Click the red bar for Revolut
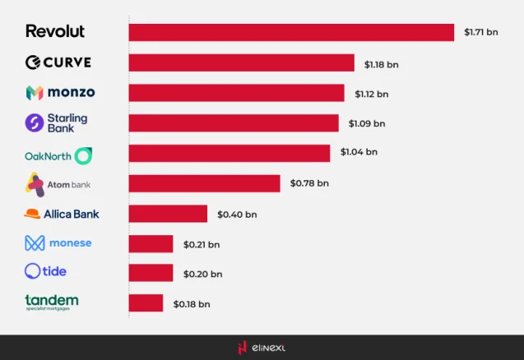click(x=291, y=32)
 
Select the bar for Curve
click(x=241, y=62)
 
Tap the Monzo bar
click(x=236, y=93)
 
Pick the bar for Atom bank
click(x=204, y=183)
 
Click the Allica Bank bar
click(x=168, y=214)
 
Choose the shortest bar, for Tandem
click(x=146, y=303)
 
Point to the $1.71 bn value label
click(x=480, y=33)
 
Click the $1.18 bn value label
click(x=381, y=63)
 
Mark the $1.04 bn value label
click(x=359, y=153)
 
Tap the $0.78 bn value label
click(x=308, y=183)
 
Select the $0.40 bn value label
click(x=237, y=215)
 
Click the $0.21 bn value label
click(x=202, y=244)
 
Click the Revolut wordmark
click(x=55, y=31)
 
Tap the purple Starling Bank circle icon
click(x=35, y=122)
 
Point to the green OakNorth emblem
click(x=83, y=155)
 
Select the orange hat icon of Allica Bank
click(x=33, y=214)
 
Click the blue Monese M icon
click(x=34, y=243)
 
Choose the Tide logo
click(x=45, y=270)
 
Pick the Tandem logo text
click(x=51, y=301)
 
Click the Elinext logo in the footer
click(x=262, y=348)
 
